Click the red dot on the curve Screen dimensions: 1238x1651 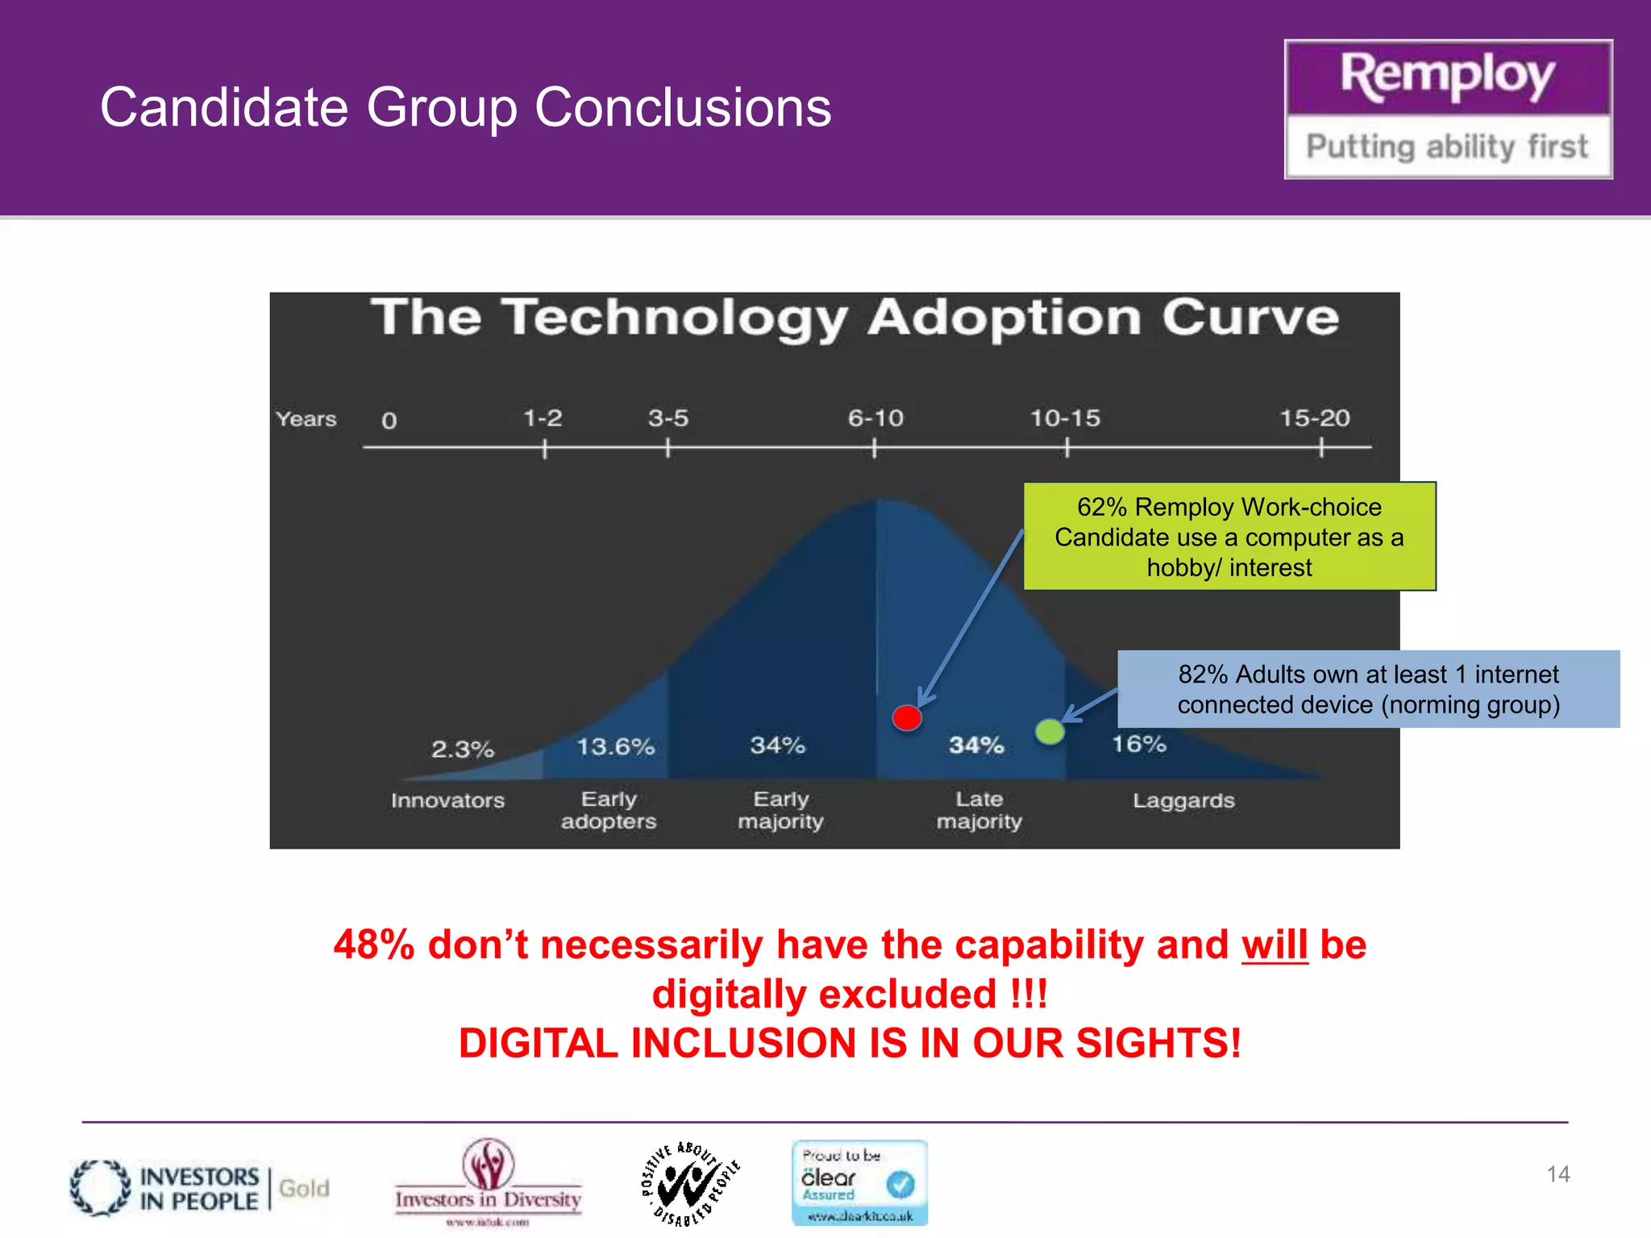coord(907,717)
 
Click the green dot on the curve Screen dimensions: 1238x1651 coord(1050,732)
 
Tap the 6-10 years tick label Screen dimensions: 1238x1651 coord(875,418)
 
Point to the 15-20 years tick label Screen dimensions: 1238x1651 coord(1315,418)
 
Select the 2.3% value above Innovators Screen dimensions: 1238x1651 coord(463,750)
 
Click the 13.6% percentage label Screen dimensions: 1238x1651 coord(616,747)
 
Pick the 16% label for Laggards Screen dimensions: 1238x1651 coord(1139,744)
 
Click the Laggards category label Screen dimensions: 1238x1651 coord(1183,801)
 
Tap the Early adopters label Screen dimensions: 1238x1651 coord(609,810)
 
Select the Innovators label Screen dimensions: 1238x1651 coord(447,801)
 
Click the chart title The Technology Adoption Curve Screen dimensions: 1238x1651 coord(855,318)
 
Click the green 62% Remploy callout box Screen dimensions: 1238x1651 coord(1229,537)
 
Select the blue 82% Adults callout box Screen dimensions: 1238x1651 coord(1368,689)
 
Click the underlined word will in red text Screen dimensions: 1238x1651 coord(1275,945)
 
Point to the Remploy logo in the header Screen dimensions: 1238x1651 coord(1448,110)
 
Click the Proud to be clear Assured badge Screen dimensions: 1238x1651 coord(859,1182)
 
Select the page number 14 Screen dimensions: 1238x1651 coord(1557,1174)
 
